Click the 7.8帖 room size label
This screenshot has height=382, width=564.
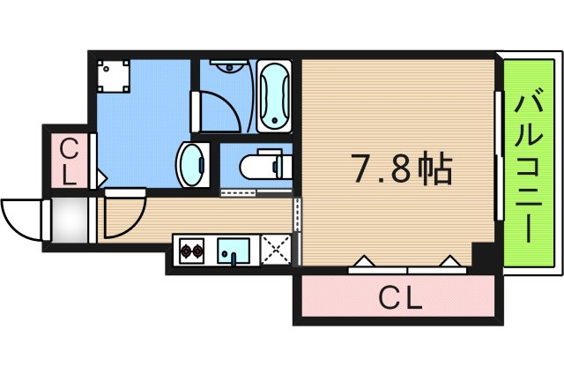click(x=402, y=168)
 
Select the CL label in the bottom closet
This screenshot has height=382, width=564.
click(x=401, y=299)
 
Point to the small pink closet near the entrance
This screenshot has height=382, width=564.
click(x=69, y=160)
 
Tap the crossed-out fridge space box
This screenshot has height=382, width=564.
click(x=277, y=250)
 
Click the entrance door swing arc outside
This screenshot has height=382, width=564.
click(x=21, y=218)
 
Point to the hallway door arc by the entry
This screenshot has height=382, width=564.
click(x=123, y=217)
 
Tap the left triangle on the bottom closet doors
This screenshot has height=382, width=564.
click(x=364, y=261)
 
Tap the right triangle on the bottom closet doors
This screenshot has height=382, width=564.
click(x=450, y=261)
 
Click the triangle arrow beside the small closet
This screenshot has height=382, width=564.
click(x=100, y=179)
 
